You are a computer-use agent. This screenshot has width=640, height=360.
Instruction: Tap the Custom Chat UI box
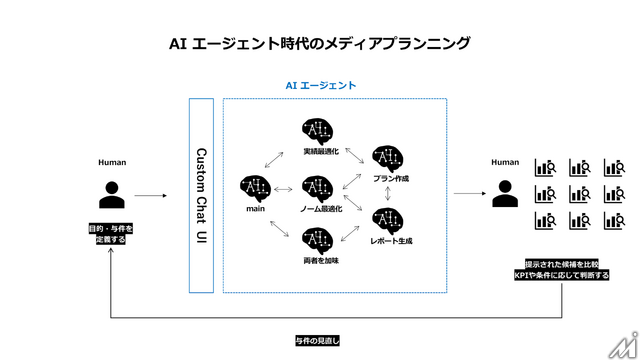[x=201, y=195]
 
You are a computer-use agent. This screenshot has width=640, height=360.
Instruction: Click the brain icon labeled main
[x=256, y=187]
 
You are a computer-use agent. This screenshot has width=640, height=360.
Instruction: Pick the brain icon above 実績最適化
[x=317, y=130]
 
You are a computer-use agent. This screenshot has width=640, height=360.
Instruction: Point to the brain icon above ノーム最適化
[x=317, y=187]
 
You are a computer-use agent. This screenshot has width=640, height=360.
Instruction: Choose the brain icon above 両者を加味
[x=317, y=240]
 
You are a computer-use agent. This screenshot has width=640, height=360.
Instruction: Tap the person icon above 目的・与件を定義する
[x=112, y=194]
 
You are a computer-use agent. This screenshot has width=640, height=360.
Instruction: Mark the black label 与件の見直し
[x=318, y=340]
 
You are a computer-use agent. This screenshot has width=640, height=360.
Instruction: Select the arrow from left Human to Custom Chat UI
[x=150, y=196]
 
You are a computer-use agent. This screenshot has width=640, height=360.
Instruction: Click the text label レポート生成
[x=391, y=241]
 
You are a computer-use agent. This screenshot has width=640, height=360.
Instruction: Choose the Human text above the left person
[x=112, y=162]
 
